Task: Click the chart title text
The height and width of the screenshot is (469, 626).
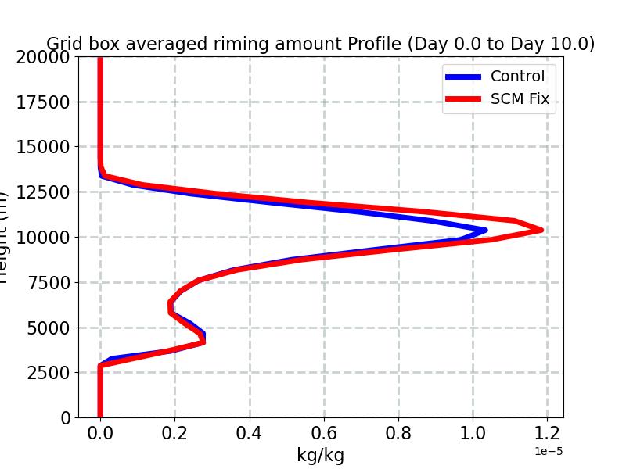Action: tap(320, 44)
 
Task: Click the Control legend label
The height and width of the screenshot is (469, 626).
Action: tap(517, 76)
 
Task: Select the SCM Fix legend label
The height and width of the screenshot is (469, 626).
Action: tap(520, 99)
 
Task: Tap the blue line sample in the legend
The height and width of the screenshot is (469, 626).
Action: tap(464, 77)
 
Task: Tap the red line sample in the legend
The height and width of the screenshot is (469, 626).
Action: tap(464, 100)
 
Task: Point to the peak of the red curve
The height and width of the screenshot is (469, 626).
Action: tap(541, 230)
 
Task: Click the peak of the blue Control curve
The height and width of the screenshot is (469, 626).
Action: tap(484, 230)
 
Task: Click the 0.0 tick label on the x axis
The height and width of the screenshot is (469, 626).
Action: tap(100, 434)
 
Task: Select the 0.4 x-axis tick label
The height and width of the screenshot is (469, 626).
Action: tap(250, 434)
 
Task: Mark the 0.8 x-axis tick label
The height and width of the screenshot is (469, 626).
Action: tap(398, 434)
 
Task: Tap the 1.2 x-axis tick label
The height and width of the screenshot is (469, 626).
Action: tap(547, 434)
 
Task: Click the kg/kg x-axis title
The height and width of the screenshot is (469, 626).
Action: tap(320, 455)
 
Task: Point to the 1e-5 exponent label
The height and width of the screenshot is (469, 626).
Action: tap(549, 452)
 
